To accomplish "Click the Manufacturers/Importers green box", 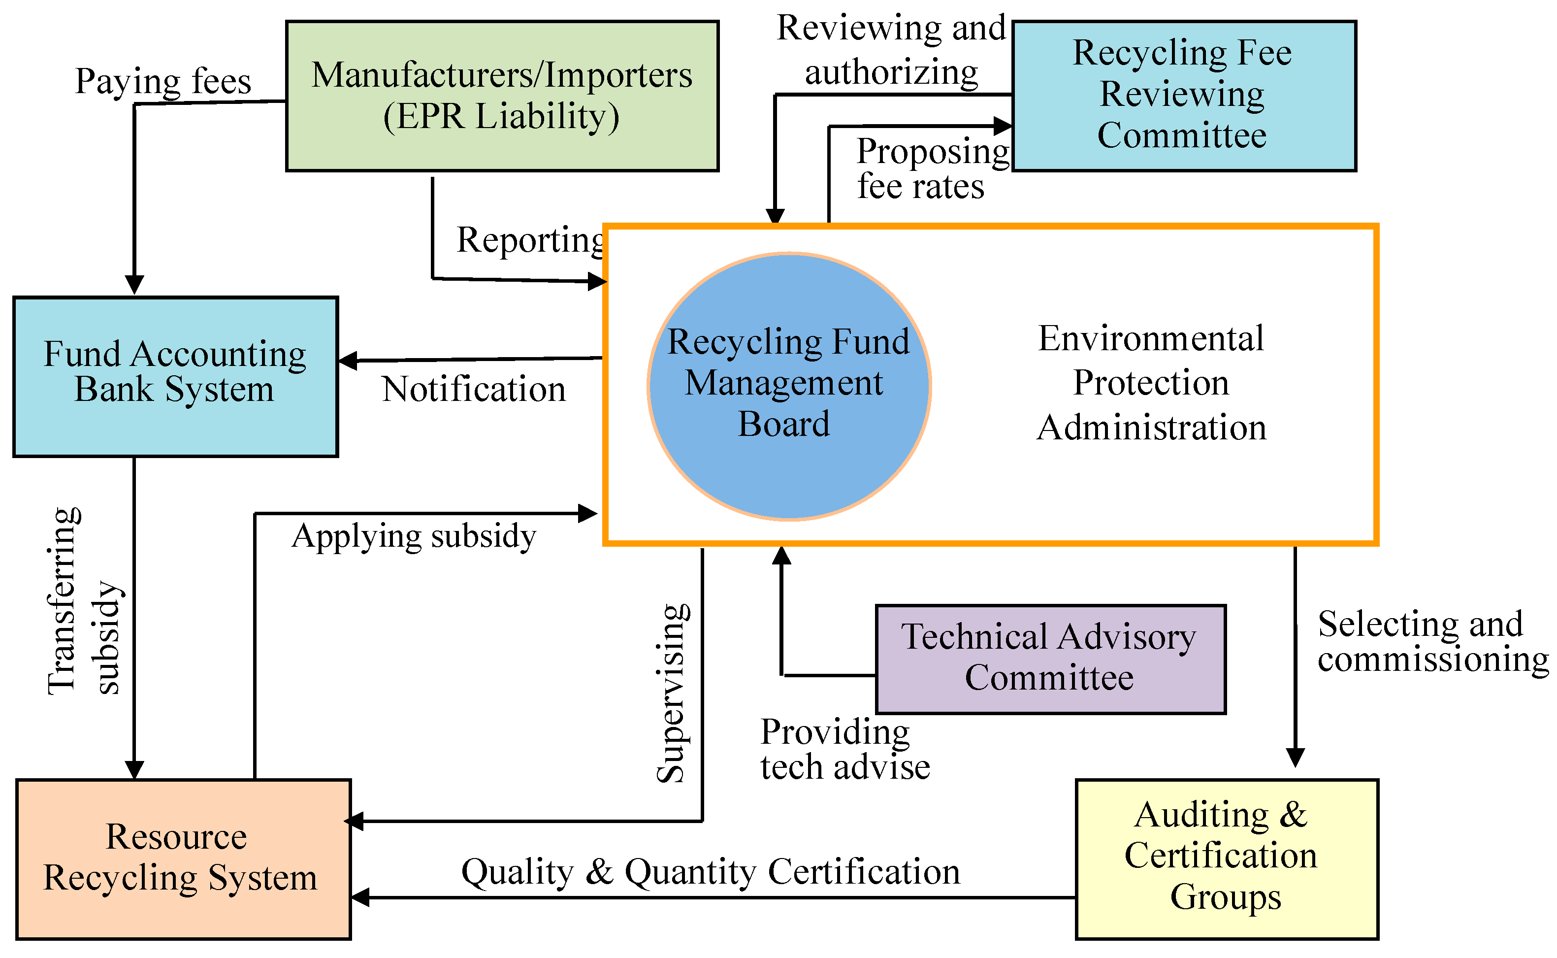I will pos(502,96).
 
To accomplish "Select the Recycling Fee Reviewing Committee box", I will pos(1183,96).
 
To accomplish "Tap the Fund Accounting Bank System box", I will pos(175,376).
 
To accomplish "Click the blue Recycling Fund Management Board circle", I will pos(789,387).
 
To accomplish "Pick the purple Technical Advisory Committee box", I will pos(1050,659).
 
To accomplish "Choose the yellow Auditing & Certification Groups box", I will pos(1226,859).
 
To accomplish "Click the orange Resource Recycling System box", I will pos(183,859).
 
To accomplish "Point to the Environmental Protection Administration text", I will pos(1151,383).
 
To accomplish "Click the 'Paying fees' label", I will pos(163,81).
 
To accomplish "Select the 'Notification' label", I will pos(473,389).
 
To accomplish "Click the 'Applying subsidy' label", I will pos(414,536).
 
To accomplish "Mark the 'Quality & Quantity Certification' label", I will pos(710,872).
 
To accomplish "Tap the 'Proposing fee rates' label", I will pos(931,168).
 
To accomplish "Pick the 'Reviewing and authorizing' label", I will pos(891,49).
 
